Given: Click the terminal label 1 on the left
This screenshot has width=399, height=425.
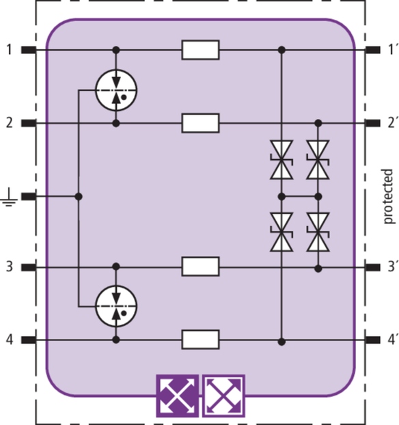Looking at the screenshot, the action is tap(9, 50).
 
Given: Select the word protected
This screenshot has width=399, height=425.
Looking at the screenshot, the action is tap(388, 196).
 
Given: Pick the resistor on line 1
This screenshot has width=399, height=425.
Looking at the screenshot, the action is tap(200, 50).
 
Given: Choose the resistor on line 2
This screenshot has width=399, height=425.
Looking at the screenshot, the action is tap(200, 123).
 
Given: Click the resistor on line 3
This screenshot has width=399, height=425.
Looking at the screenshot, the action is tap(200, 266).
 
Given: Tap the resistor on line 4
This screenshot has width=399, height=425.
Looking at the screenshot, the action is tap(200, 340).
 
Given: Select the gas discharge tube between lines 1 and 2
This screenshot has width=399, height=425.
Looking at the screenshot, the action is tap(116, 90).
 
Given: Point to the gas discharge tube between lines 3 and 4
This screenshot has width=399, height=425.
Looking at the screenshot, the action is tap(116, 306).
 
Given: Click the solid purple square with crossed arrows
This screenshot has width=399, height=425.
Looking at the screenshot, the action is tap(177, 396).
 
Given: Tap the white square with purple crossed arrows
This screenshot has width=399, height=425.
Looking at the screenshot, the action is tap(223, 396).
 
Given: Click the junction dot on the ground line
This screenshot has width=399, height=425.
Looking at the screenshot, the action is tap(79, 197).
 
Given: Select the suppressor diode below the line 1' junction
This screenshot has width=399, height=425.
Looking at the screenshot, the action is tap(281, 160).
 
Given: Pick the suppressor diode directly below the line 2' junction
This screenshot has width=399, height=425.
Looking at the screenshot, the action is tap(318, 160).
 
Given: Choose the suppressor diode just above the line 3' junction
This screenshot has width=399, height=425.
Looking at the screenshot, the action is tap(318, 232).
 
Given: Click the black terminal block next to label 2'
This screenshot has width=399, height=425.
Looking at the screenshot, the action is tap(373, 123).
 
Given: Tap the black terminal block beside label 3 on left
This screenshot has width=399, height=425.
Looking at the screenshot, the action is tap(29, 268).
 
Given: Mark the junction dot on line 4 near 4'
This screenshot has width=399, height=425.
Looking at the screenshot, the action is tap(281, 342).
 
